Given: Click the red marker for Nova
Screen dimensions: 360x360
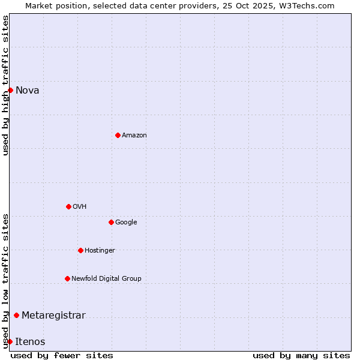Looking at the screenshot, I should [10, 90].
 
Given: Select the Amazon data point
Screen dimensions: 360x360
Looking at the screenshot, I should [118, 135].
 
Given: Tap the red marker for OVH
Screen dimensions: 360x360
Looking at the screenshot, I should [68, 206].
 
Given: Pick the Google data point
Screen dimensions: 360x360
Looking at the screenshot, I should [111, 222].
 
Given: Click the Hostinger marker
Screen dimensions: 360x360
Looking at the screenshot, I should [80, 250].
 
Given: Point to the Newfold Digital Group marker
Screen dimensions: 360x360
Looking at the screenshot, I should [67, 278].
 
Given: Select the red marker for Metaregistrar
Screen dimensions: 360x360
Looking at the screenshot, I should [16, 315].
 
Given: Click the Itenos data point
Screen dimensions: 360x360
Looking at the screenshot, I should [10, 341].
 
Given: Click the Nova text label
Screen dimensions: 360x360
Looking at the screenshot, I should [28, 91].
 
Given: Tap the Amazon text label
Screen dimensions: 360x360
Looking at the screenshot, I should [134, 136].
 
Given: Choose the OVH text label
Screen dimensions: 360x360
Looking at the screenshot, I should [80, 207].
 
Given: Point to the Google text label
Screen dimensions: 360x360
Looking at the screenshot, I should [126, 223].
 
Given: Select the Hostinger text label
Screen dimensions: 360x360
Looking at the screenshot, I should [100, 251].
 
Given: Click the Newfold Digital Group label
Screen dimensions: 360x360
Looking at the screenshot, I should [106, 279].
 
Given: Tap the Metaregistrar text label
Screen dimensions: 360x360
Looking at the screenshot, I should [53, 316].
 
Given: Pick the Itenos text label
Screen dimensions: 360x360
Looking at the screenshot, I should [30, 342].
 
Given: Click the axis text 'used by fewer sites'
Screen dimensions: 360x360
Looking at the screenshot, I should [62, 356].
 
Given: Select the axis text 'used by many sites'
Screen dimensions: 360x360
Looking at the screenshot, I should [301, 356].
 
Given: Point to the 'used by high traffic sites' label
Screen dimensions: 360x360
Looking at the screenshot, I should [5, 85].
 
